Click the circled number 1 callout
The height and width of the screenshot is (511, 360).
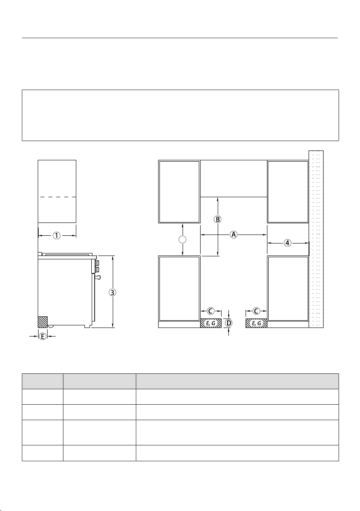click(x=57, y=235)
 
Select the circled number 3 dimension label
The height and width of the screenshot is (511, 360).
click(x=112, y=292)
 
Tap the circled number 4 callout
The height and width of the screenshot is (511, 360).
click(x=287, y=243)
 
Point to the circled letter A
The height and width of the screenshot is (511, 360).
click(x=234, y=234)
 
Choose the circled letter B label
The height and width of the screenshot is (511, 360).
click(x=218, y=219)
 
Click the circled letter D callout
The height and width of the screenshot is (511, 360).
click(x=229, y=323)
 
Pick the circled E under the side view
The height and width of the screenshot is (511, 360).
click(x=43, y=337)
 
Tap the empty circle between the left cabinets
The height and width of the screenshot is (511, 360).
click(x=183, y=240)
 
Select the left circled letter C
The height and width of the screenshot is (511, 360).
click(x=211, y=311)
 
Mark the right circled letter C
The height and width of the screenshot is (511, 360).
click(x=256, y=311)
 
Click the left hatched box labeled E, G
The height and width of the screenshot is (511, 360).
click(x=211, y=323)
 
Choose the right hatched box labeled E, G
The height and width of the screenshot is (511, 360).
click(x=256, y=323)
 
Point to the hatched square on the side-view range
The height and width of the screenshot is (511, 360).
click(x=43, y=322)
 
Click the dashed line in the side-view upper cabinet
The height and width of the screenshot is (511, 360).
click(x=57, y=197)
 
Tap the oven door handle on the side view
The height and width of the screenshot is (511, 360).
click(x=97, y=277)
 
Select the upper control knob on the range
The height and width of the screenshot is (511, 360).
click(x=97, y=263)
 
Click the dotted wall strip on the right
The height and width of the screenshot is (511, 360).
click(x=316, y=239)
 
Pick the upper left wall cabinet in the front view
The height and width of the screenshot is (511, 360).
click(x=179, y=192)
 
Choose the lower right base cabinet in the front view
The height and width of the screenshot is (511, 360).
click(x=288, y=289)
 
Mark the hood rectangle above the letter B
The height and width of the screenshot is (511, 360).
click(x=234, y=179)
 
